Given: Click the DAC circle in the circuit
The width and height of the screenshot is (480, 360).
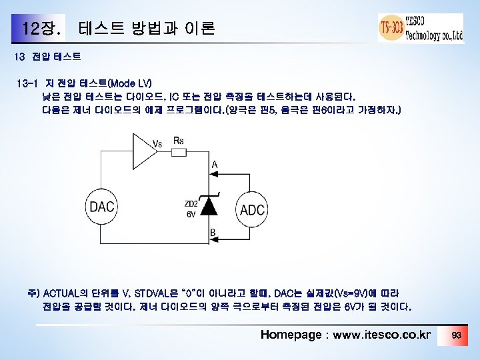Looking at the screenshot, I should pos(102,207).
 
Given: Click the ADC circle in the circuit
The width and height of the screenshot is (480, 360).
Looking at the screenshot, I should pos(253,209).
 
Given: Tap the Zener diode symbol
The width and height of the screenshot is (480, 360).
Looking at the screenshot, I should pos(210,206).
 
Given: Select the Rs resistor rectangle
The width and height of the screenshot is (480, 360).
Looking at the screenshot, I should pos(178,152).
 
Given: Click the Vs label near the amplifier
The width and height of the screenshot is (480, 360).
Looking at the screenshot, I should pos(158,143).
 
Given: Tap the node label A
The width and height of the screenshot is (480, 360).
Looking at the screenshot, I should pos(214,163).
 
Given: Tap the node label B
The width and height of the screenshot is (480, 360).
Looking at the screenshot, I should pos(212,233).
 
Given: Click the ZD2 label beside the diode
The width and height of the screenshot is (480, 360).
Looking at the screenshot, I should pos(190,203).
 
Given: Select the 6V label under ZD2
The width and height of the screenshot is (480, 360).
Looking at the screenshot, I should pos(191,214).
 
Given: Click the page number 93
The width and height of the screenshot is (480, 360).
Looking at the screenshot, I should pos(457,334).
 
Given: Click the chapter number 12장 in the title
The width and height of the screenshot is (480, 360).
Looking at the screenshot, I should pos(42,29).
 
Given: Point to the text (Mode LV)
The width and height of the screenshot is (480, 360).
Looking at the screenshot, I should pos(129,83).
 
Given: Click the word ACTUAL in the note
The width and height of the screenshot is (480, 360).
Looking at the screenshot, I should pos(62,293).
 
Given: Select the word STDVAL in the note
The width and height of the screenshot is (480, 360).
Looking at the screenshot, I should pos(153,293).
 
